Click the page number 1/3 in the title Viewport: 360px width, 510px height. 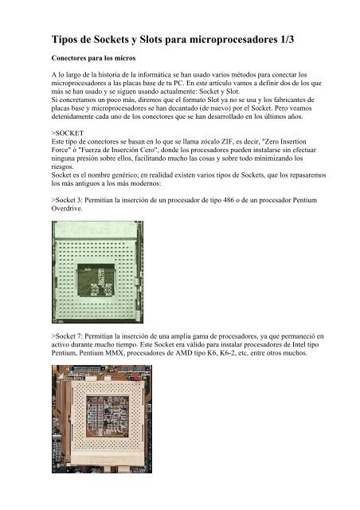[x=286, y=40]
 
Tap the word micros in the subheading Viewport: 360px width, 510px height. [x=125, y=58]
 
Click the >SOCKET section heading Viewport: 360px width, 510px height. [x=68, y=133]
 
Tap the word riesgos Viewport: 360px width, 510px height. [x=62, y=167]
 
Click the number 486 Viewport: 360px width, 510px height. [x=229, y=200]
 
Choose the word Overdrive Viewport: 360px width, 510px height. [x=67, y=209]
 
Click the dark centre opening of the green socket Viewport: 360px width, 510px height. [x=96, y=280]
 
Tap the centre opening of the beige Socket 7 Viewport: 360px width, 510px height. [x=108, y=416]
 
